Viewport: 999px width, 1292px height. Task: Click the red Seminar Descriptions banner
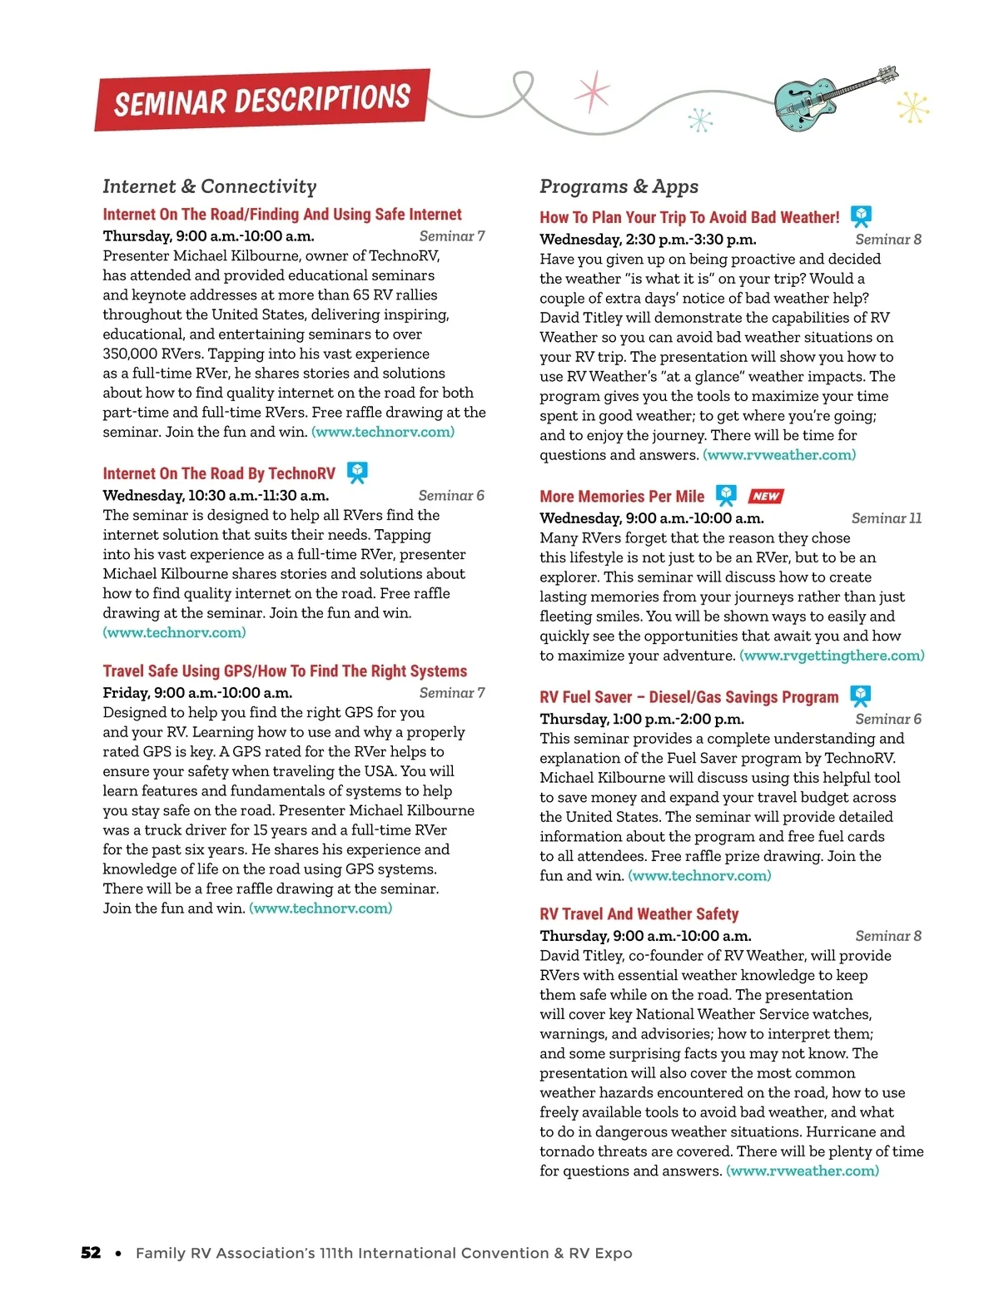click(262, 100)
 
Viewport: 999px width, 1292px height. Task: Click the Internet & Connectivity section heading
click(210, 186)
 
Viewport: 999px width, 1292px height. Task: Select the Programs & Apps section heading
click(619, 186)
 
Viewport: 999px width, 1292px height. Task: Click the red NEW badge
click(765, 496)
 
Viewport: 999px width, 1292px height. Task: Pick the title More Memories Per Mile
click(622, 497)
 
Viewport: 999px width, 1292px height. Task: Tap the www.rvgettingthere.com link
click(832, 656)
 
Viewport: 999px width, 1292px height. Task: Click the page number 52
click(91, 1253)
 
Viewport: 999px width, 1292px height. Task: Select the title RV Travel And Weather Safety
click(639, 913)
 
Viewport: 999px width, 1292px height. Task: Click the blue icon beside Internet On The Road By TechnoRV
click(357, 473)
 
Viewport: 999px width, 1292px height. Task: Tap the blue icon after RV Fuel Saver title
click(860, 696)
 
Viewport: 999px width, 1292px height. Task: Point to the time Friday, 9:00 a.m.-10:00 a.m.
click(197, 693)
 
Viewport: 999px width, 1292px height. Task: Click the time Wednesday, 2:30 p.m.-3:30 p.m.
click(648, 240)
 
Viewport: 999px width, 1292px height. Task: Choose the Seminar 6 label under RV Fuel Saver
click(887, 719)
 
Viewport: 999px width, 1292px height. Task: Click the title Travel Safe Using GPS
click(285, 671)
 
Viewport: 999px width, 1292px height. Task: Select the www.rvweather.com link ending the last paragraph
click(803, 1171)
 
